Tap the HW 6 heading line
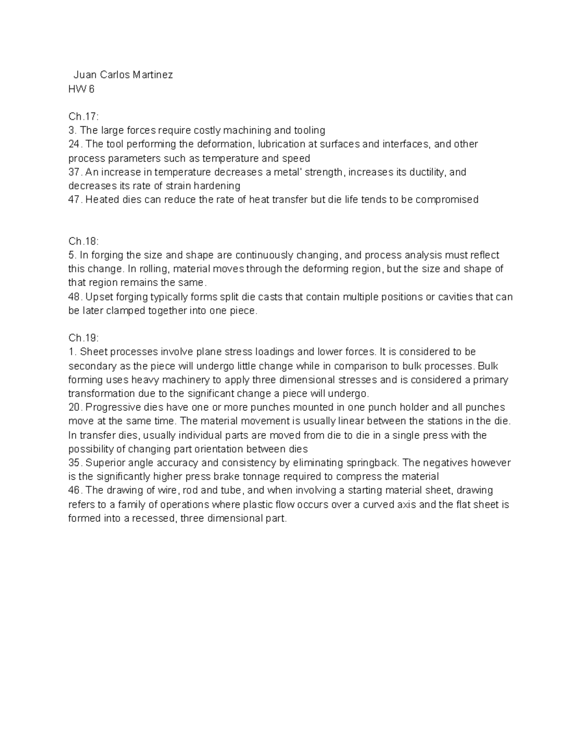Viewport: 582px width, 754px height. click(81, 89)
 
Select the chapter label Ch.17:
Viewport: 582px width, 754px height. click(83, 117)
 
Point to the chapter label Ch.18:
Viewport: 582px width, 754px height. click(83, 241)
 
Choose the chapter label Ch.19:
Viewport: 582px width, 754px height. click(83, 338)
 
